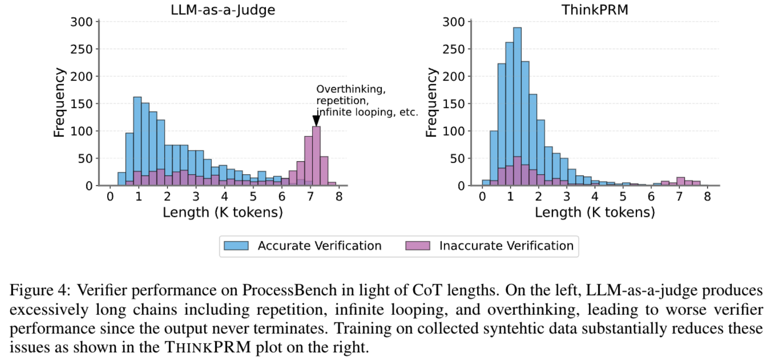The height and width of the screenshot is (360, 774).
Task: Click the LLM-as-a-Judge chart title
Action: click(222, 10)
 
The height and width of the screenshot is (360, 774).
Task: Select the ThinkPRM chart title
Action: click(594, 10)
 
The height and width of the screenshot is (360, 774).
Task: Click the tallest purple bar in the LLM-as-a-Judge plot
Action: click(316, 155)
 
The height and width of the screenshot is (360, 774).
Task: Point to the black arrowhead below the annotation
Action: click(316, 121)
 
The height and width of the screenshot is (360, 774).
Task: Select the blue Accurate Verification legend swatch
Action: click(236, 246)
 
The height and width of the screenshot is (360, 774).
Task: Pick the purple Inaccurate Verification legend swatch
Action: click(418, 246)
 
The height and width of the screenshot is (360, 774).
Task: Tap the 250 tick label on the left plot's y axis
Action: click(81, 49)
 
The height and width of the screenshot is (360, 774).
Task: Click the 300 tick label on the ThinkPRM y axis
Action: click(453, 22)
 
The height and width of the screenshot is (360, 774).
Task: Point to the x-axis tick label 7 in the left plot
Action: click(310, 197)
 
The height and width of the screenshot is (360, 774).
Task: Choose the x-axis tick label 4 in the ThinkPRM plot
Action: click(595, 197)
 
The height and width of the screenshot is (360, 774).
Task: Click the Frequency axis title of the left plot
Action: click(59, 103)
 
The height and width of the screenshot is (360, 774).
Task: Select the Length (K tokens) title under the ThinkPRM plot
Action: click(594, 212)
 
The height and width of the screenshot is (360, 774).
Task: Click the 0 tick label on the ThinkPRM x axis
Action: click(482, 197)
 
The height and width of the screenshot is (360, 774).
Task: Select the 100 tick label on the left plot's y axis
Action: click(81, 131)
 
